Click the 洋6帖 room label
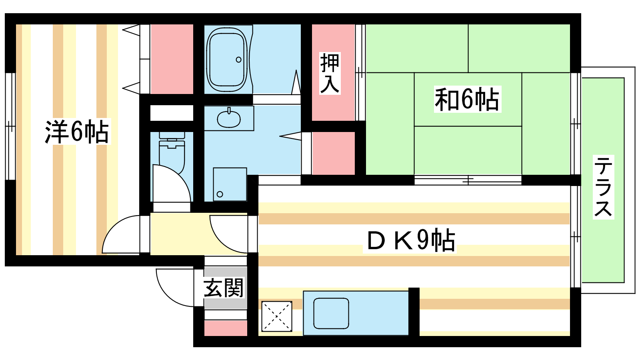(76, 132)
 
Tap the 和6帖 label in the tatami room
(467, 99)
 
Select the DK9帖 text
(410, 240)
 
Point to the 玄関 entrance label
(223, 288)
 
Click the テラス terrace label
(603, 187)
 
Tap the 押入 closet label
(330, 74)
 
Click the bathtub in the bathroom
(227, 60)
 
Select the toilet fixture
(172, 153)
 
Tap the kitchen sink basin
(331, 314)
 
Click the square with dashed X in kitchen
(276, 316)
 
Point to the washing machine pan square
(230, 184)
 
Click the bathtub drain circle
(238, 60)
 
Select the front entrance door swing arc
(168, 294)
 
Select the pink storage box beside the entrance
(226, 328)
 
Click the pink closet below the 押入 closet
(334, 153)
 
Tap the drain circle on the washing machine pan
(220, 194)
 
